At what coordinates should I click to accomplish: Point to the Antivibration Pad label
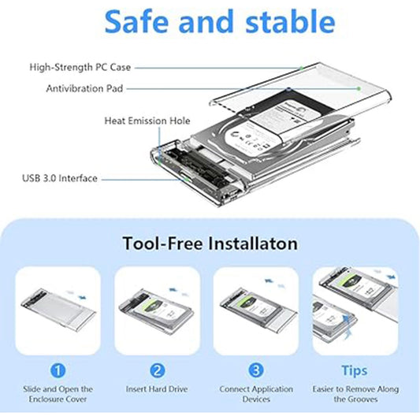[x=84, y=89]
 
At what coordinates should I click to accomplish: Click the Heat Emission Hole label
[x=147, y=121]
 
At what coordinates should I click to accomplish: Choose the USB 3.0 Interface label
[x=59, y=179]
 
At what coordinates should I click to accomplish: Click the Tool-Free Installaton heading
[x=210, y=243]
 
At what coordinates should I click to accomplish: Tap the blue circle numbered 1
[x=58, y=370]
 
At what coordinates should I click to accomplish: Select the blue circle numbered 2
[x=158, y=370]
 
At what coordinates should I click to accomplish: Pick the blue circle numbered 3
[x=255, y=370]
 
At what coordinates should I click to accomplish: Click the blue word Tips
[x=354, y=370]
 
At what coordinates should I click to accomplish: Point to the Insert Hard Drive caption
[x=158, y=389]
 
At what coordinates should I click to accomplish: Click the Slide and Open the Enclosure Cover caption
[x=58, y=394]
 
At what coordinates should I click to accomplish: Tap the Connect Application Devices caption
[x=255, y=394]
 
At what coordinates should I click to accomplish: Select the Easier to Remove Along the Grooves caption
[x=354, y=394]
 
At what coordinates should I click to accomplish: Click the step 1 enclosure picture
[x=58, y=309]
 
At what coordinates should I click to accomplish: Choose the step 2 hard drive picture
[x=158, y=309]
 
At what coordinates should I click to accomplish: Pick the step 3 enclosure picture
[x=255, y=309]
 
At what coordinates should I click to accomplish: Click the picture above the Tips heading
[x=354, y=309]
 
